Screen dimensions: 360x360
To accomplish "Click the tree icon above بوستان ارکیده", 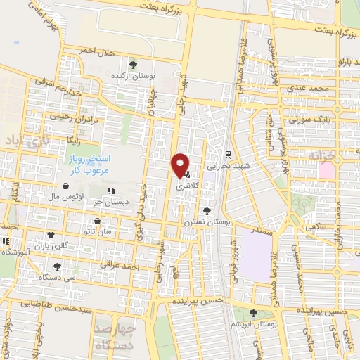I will click(x=133, y=65).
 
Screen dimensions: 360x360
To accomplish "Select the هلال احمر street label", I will click(x=96, y=51).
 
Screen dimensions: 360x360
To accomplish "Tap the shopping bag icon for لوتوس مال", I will click(x=66, y=186).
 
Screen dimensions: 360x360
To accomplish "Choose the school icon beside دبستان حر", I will click(x=110, y=191).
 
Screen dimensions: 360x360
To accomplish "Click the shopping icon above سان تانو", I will click(x=97, y=221).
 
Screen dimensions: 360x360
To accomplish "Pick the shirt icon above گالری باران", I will click(x=51, y=235).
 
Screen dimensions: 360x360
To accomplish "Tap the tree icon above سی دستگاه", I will click(x=57, y=266).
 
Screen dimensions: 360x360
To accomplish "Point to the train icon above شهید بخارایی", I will click(x=228, y=155).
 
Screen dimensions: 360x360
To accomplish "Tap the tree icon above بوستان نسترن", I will click(x=206, y=210).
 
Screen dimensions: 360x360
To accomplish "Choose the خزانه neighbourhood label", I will click(x=329, y=155).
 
